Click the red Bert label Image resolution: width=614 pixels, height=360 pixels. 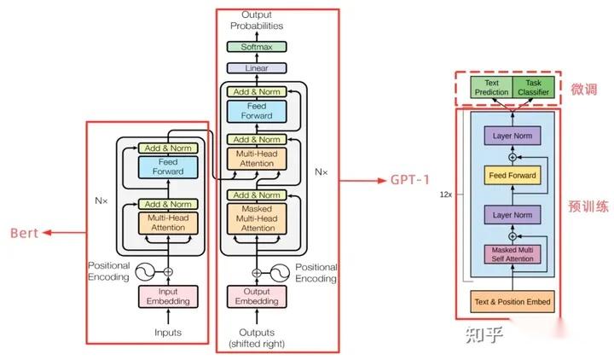click(23, 232)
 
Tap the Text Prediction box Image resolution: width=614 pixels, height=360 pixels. click(490, 87)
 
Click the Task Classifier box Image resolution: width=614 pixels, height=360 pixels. click(534, 87)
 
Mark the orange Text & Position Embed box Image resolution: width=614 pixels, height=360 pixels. click(512, 301)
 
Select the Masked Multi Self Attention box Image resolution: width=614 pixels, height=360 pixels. click(512, 253)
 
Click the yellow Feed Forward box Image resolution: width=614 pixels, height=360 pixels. click(512, 176)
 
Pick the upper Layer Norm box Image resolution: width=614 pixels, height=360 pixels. click(512, 136)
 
